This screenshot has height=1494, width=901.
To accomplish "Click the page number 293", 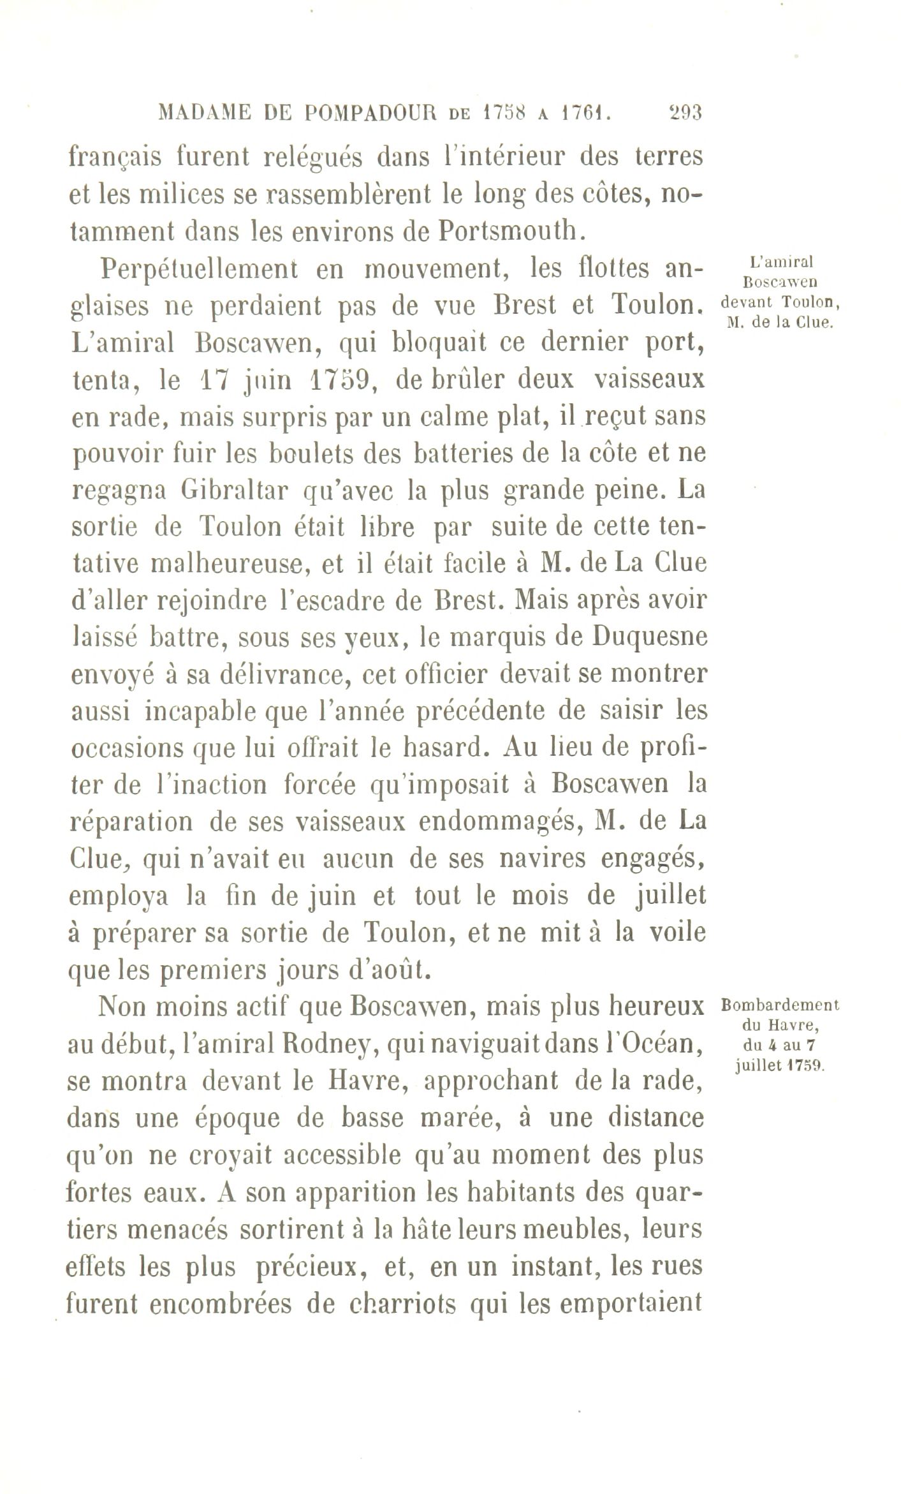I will (684, 114).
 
